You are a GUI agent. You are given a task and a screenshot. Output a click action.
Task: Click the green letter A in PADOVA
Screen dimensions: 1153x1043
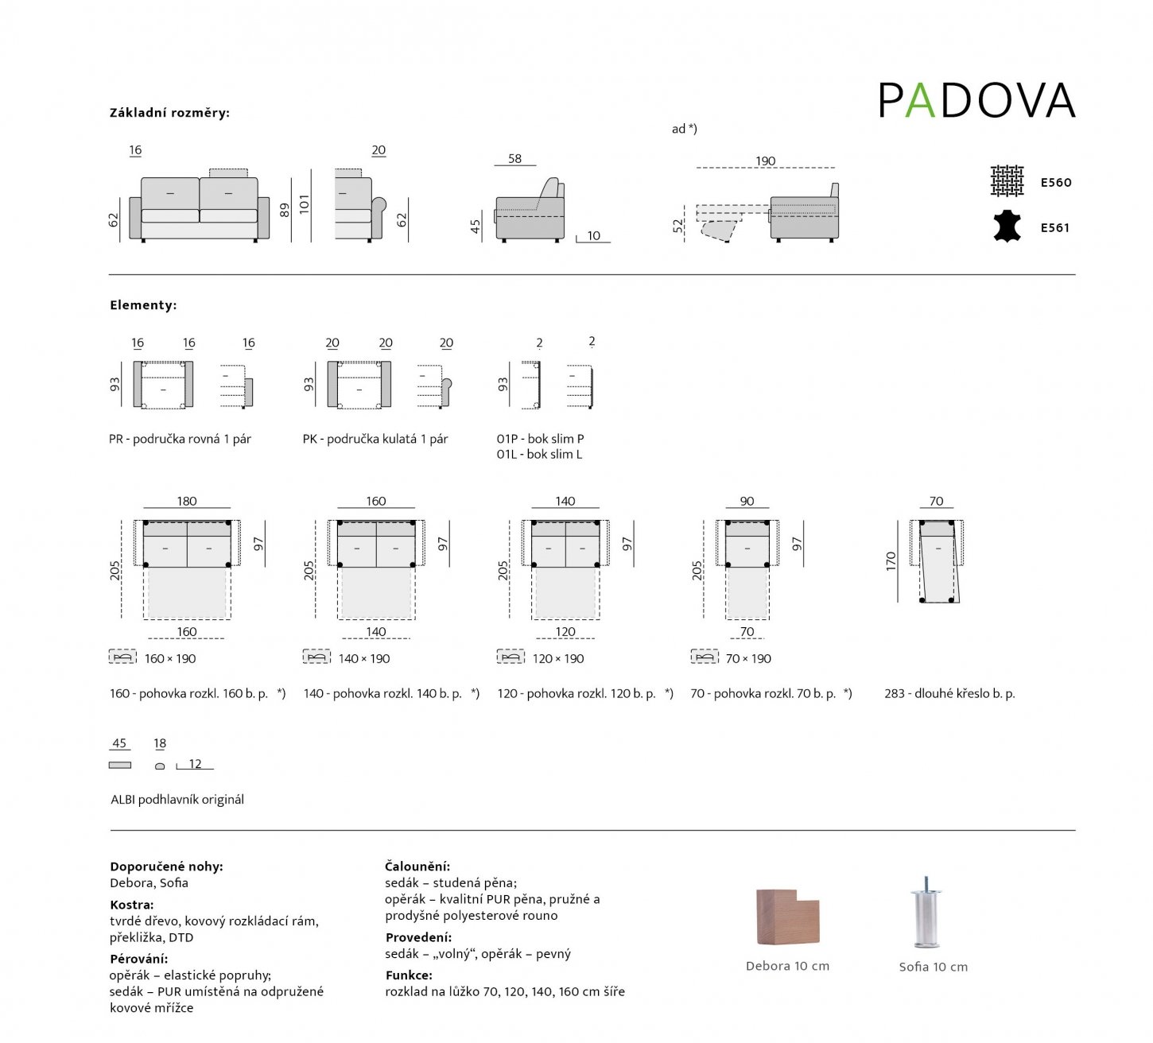coord(920,101)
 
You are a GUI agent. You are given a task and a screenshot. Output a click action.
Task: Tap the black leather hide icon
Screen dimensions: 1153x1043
coord(1007,227)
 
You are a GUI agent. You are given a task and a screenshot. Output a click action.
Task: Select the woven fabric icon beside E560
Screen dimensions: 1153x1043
coord(1007,181)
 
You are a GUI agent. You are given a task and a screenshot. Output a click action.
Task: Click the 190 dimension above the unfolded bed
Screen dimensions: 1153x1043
coord(765,161)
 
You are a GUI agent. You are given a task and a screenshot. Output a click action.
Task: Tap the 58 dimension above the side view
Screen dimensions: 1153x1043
coord(514,159)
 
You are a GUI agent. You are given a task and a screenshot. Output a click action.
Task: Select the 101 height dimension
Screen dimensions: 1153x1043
coord(304,204)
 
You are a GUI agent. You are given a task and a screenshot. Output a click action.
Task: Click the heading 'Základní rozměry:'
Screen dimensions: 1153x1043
coord(169,113)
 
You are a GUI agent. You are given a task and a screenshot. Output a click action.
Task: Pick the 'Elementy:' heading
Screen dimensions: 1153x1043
coord(143,305)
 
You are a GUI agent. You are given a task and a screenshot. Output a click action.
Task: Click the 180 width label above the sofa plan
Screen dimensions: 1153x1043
coord(187,501)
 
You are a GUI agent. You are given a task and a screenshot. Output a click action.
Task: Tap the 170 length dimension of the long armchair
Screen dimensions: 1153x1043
coord(891,561)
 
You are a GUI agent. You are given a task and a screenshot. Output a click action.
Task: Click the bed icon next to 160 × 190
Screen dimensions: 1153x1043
coord(122,657)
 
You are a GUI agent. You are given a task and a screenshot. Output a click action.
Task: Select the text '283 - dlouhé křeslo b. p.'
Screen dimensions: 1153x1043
coord(949,693)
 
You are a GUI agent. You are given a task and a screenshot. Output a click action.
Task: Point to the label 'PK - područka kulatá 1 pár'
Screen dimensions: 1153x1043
coord(375,439)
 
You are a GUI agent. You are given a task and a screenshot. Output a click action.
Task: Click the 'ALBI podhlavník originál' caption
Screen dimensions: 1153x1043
coord(177,800)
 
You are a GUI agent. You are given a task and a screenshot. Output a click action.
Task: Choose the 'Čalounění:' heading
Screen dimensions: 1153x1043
coord(417,867)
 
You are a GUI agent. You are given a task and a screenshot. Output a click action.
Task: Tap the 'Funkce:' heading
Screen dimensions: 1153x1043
coord(409,975)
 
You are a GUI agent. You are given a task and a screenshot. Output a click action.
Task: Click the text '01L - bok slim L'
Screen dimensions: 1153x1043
coord(539,455)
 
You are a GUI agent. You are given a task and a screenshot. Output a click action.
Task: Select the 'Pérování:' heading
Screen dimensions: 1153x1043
coord(138,959)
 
